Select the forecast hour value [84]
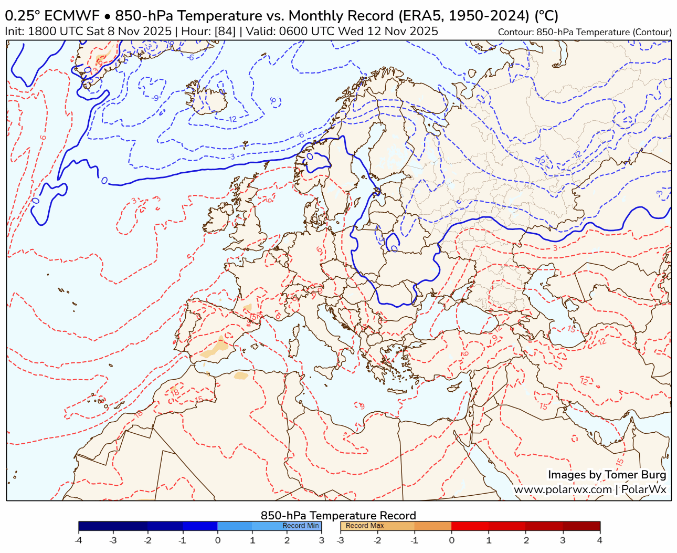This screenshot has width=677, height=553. coord(226,32)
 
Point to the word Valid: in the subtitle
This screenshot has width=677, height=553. coord(260,32)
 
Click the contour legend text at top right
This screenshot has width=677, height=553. coord(585,32)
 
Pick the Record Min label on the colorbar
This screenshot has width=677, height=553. coord(300,526)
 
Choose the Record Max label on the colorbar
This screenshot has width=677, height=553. coord(365,526)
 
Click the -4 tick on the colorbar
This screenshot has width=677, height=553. coord(79,540)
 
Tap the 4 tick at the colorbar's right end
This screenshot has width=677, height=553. coord(599,540)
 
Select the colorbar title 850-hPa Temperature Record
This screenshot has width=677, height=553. coord(338,516)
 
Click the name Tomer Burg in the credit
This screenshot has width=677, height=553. coord(636,475)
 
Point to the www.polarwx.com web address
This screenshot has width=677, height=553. coord(563,489)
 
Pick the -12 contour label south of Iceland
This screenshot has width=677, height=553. coord(232,119)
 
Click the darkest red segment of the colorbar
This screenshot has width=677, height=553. coord(581,526)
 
